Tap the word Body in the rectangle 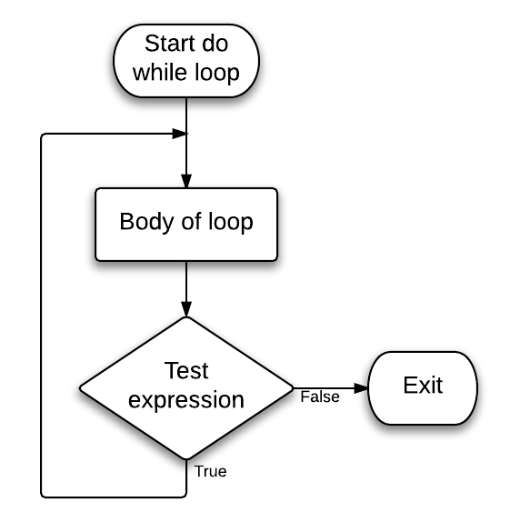pos(147,222)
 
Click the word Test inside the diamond pos(186,370)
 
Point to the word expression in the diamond pos(186,400)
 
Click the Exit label pos(423,385)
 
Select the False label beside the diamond pos(320,397)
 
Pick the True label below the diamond pos(210,471)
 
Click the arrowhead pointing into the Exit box pos(361,388)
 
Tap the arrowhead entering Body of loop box pos(186,181)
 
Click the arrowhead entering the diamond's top pos(186,309)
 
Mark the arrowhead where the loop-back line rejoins pos(180,134)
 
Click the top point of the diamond pos(186,317)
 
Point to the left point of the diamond pos(80,388)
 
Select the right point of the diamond pos(293,388)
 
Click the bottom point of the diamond pos(186,459)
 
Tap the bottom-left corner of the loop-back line pos(42,497)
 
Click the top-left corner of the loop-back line pos(42,134)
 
